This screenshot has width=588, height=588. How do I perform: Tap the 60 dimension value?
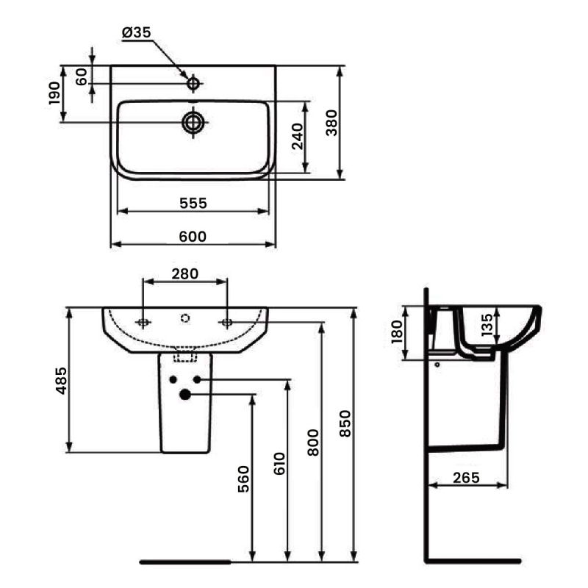click(81, 75)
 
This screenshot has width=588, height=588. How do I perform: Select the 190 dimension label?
click(54, 93)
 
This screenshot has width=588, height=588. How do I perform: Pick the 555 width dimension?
click(193, 202)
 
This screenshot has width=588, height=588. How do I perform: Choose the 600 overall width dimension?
click(193, 236)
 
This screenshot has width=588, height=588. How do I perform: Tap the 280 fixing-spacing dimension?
click(185, 273)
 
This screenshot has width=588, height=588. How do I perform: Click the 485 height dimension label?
click(62, 381)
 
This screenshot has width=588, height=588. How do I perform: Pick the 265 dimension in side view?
click(465, 478)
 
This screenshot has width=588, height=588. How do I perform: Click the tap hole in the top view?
click(193, 84)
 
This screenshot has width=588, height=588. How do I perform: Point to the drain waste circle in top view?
click(193, 122)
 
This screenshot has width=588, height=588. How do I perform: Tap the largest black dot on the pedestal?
click(184, 395)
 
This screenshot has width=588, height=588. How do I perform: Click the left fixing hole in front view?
click(143, 322)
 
